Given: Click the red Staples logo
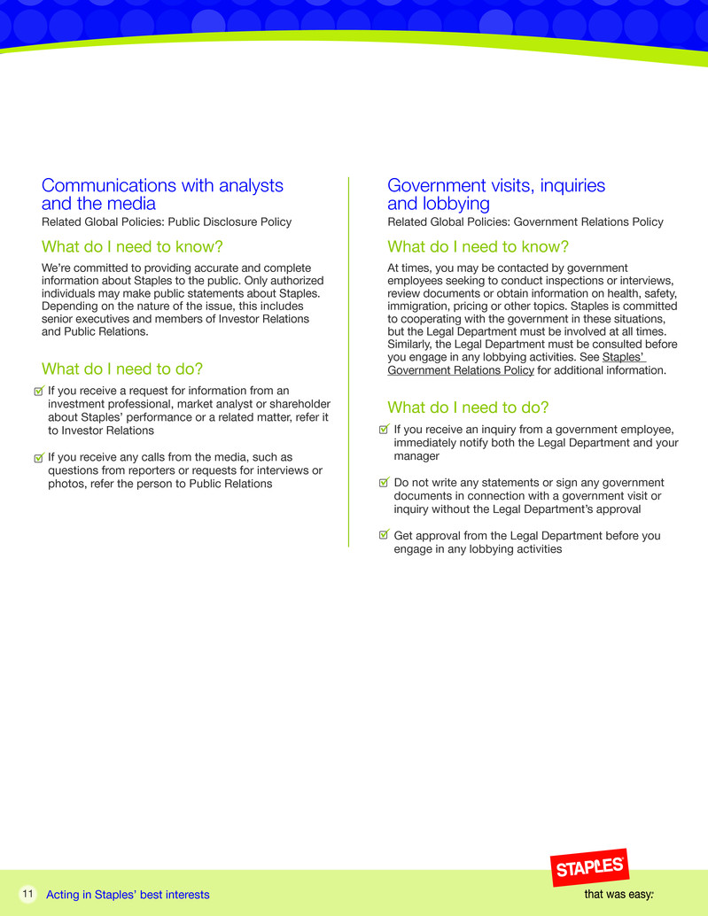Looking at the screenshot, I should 591,867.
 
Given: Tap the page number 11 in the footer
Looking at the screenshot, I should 27,894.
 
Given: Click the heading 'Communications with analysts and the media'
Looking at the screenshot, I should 162,195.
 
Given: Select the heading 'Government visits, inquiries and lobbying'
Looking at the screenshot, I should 496,195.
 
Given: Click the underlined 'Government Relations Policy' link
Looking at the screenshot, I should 461,370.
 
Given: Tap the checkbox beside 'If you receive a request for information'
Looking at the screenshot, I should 37,391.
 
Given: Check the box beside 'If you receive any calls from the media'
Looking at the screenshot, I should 37,458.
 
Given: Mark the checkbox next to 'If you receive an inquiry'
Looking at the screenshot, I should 384,429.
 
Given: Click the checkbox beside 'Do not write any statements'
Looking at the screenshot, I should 384,483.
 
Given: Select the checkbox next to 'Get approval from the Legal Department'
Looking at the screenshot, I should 384,535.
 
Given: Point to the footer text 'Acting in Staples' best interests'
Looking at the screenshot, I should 128,895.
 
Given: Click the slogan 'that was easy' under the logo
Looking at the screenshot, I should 619,894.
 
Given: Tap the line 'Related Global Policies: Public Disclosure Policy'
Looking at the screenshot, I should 167,222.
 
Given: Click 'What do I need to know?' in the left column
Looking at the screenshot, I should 132,246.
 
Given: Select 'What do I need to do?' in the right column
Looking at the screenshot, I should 468,408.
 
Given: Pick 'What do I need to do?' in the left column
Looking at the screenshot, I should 122,369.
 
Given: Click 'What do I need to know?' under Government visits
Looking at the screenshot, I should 478,246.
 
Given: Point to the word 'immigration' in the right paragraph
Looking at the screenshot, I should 420,307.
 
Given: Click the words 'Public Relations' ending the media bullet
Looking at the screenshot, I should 229,485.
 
